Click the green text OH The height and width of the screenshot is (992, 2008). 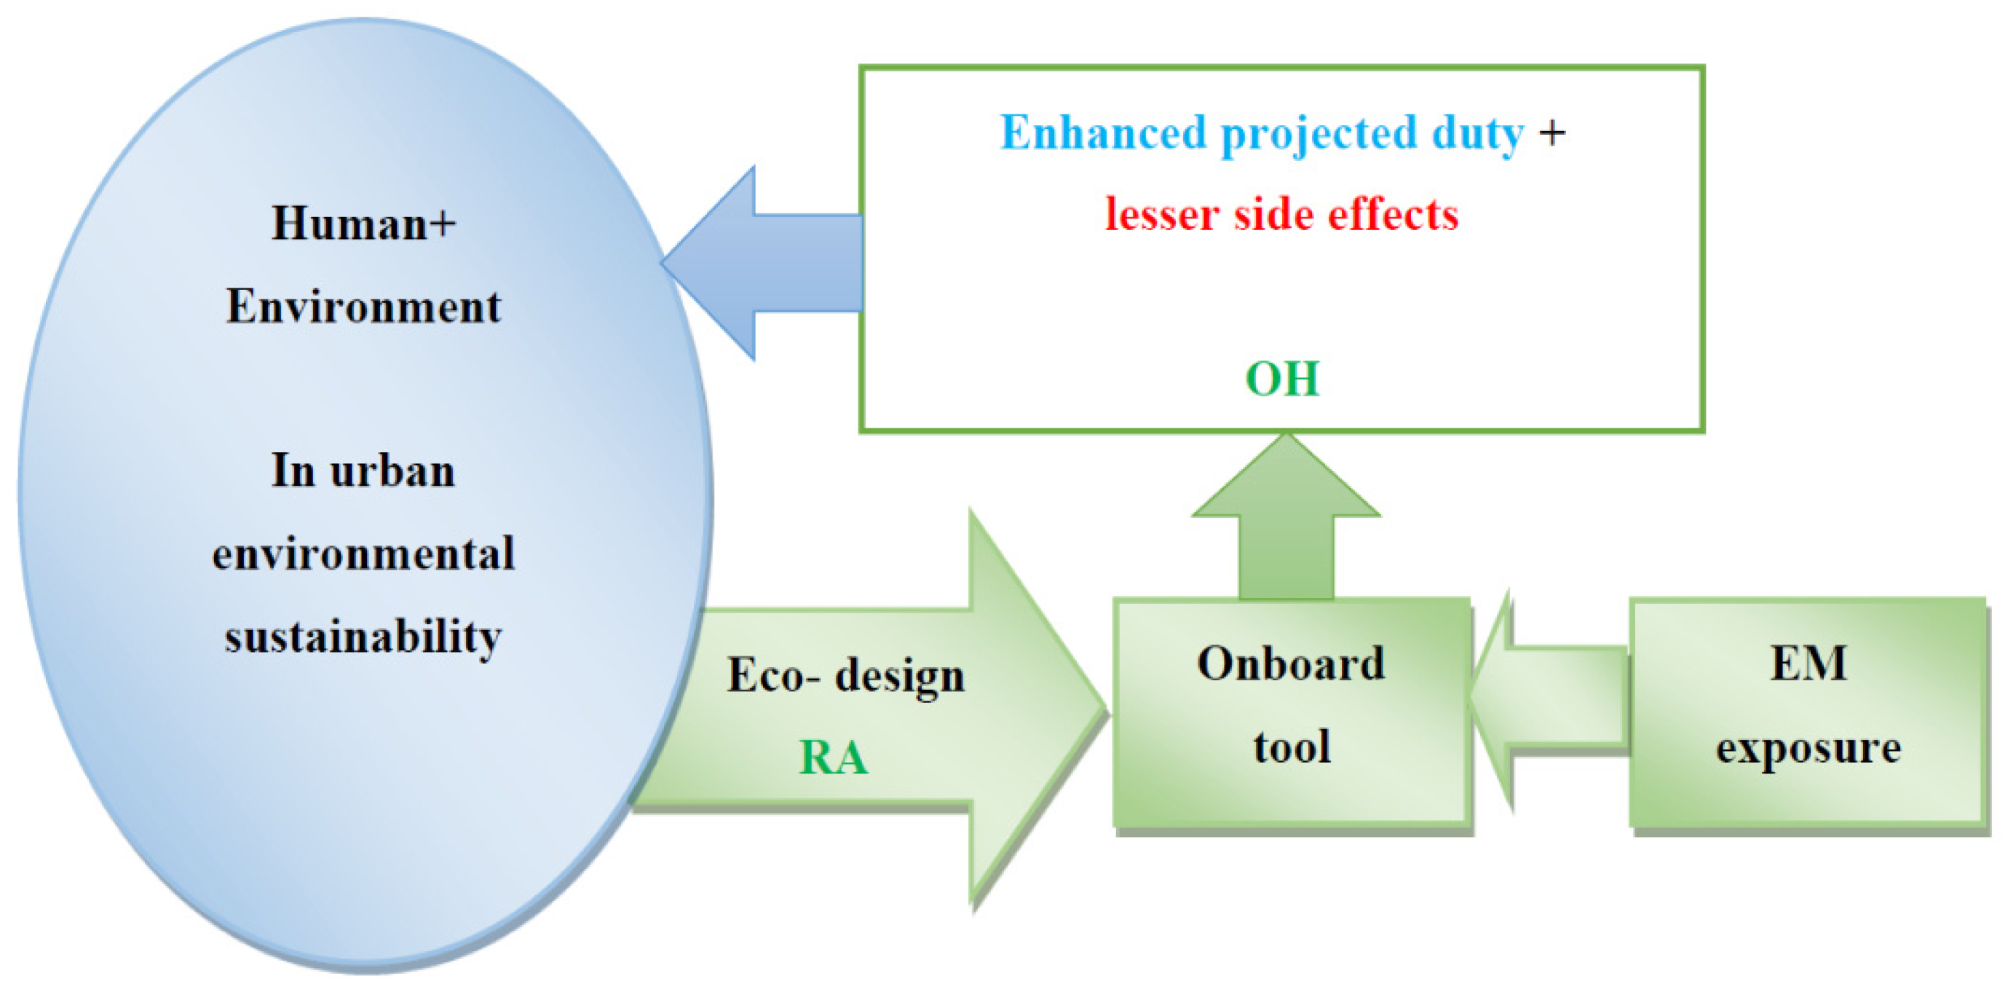coord(1282,379)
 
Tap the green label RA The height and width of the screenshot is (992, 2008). coord(834,757)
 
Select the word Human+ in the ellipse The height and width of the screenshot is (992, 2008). coord(363,223)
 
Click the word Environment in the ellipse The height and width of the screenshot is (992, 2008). coord(363,306)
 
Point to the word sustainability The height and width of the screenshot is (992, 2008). coord(363,638)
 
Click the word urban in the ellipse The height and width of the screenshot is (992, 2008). coord(392,471)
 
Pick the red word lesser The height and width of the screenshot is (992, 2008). coord(1162,214)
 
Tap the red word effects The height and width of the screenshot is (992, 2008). coord(1393,214)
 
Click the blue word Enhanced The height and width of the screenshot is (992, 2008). coord(1103,132)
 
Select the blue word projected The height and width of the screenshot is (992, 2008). coord(1319,134)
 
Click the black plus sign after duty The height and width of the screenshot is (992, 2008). coord(1552,133)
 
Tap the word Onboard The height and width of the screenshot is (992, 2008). coord(1291,664)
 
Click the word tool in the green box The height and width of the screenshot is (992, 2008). coord(1292,747)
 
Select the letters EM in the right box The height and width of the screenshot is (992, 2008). coord(1809,664)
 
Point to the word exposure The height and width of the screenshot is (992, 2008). coord(1809,749)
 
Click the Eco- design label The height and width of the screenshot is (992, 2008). coord(846,675)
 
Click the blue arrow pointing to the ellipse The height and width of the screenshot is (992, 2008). coord(762,263)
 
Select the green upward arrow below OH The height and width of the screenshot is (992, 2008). coord(1286,516)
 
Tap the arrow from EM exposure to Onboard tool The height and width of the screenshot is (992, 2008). coord(1548,699)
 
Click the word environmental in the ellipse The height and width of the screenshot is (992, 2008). coord(363,554)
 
